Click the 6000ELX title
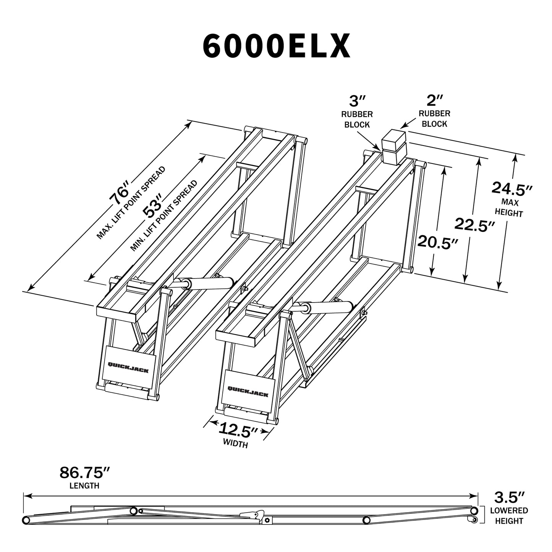point(276,46)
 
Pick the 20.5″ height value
point(437,242)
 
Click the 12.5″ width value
point(239,431)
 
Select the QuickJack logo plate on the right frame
point(248,388)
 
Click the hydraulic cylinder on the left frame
point(206,283)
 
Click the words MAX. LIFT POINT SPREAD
point(131,203)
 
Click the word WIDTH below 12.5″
point(235,444)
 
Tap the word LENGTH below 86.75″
point(84,486)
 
